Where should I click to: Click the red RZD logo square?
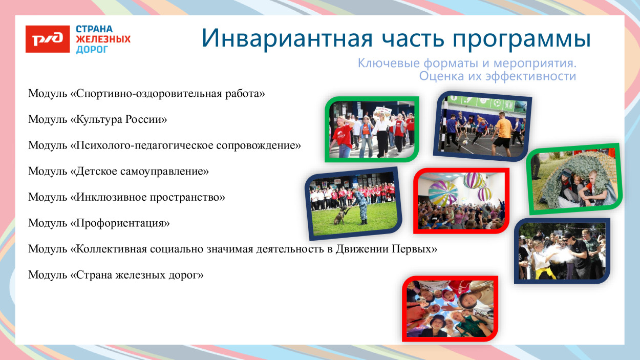(48, 39)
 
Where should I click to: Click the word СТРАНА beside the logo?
(94, 29)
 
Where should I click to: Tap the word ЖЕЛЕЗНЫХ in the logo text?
(103, 39)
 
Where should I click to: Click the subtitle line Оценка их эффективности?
(497, 76)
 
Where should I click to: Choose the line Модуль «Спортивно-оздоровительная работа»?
(146, 94)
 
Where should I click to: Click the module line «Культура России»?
(98, 120)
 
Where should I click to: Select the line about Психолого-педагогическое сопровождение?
(164, 145)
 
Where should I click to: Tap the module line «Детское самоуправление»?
(118, 172)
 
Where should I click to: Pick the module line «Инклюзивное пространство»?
(126, 197)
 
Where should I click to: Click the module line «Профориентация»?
(99, 223)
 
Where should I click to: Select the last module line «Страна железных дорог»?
(116, 275)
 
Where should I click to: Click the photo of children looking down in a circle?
(450, 308)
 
